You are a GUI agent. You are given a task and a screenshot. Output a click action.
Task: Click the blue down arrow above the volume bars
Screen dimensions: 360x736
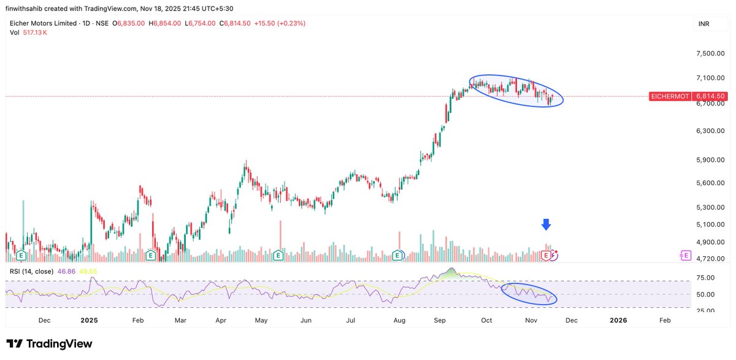coord(546,224)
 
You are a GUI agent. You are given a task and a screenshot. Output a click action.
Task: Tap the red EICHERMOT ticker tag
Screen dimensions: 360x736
coord(670,96)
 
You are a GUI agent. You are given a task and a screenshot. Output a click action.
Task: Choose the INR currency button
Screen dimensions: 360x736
coord(704,24)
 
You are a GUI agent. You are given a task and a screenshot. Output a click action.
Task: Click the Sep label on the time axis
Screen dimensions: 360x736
coord(439,320)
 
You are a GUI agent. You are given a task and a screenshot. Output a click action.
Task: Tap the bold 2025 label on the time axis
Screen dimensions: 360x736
coord(89,320)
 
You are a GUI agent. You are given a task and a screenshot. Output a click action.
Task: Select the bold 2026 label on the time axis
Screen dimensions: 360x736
coord(618,320)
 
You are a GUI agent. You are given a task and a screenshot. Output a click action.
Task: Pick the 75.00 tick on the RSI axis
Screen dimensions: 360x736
coord(707,278)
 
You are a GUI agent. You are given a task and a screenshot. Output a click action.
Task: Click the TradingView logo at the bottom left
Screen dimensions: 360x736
coord(49,344)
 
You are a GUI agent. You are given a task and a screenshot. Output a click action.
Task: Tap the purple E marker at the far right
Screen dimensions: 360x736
coord(685,255)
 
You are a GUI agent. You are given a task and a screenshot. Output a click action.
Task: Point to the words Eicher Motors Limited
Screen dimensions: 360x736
coord(43,23)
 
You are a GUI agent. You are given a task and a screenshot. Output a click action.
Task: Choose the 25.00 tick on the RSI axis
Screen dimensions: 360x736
coord(707,310)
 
